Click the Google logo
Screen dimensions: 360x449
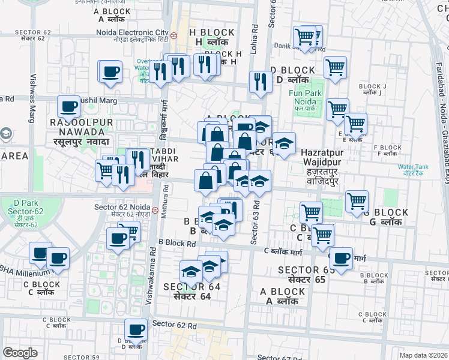click(20, 353)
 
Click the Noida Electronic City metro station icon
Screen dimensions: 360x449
click(173, 35)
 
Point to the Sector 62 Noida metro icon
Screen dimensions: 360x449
click(155, 211)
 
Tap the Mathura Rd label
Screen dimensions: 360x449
click(164, 210)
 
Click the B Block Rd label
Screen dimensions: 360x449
click(177, 244)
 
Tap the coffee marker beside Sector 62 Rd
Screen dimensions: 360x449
click(136, 329)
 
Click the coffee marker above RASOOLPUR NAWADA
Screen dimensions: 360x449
click(68, 106)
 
